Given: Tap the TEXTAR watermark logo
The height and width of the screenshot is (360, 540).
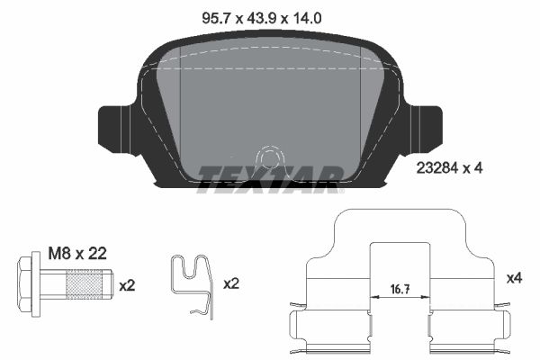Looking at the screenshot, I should point(269,176).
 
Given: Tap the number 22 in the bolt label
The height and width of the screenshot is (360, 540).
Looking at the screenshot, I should point(98,255).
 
